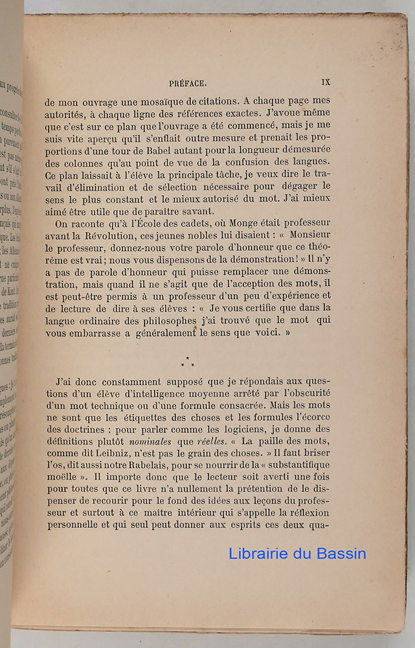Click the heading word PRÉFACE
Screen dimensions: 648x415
point(187,83)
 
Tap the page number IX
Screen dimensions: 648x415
point(326,82)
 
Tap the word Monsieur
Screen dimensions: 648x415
point(309,235)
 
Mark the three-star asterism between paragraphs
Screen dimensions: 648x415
point(188,362)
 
